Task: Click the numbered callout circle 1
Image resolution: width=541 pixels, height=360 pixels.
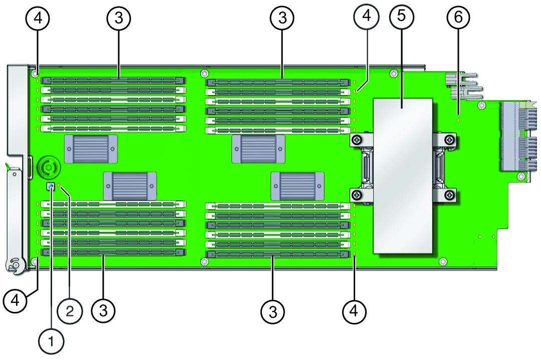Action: click(51, 341)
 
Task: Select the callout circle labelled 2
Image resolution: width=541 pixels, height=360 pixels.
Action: click(70, 312)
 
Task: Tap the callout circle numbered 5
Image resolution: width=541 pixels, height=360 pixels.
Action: click(402, 16)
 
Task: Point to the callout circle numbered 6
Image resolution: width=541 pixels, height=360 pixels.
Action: click(458, 17)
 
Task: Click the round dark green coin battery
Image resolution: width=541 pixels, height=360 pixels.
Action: click(48, 167)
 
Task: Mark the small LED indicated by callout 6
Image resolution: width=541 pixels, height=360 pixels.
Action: click(458, 120)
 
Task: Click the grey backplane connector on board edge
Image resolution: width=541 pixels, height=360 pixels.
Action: click(518, 136)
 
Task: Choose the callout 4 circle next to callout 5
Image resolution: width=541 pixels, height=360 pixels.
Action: click(366, 16)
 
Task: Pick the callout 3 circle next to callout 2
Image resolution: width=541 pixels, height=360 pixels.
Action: click(104, 311)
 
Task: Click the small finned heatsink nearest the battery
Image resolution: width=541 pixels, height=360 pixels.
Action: click(91, 149)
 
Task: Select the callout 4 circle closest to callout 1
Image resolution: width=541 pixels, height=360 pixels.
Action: click(16, 301)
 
